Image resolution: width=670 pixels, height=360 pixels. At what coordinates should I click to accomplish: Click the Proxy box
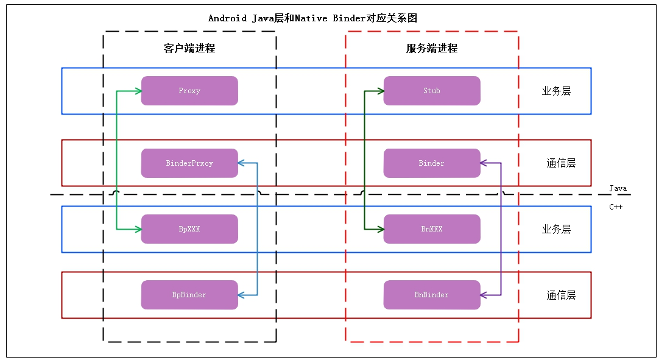[189, 91]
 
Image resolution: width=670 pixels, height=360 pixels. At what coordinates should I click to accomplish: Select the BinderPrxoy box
[189, 163]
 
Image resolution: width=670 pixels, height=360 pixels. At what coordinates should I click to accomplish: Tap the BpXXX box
[189, 229]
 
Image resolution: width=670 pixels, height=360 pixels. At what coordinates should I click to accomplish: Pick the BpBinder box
[189, 295]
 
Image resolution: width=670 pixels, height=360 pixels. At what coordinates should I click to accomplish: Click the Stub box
[431, 91]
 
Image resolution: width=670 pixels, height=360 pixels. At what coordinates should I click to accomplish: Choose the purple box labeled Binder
[431, 163]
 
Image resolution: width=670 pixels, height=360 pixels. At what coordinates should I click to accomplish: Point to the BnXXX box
[431, 229]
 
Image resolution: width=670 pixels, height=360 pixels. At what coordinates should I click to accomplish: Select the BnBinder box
[431, 295]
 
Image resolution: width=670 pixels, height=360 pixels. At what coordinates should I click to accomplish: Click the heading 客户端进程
[189, 48]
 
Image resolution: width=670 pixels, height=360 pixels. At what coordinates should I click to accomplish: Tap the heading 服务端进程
[432, 48]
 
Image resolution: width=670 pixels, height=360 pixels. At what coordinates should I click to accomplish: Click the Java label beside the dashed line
[618, 188]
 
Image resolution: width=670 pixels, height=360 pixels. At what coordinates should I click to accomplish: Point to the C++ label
[616, 206]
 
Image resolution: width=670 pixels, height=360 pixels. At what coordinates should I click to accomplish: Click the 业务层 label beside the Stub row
[556, 91]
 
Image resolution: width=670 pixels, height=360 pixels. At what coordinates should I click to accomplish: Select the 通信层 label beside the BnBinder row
[561, 295]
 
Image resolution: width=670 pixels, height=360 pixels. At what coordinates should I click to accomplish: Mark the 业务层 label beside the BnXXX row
[556, 229]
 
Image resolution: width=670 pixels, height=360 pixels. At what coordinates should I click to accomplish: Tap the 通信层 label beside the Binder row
[561, 163]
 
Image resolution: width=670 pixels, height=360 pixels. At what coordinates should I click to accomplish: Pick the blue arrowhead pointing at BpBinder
[241, 295]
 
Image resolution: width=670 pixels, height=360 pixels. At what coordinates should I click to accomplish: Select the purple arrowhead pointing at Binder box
[484, 163]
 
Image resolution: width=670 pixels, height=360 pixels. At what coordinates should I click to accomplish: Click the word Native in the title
[312, 18]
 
